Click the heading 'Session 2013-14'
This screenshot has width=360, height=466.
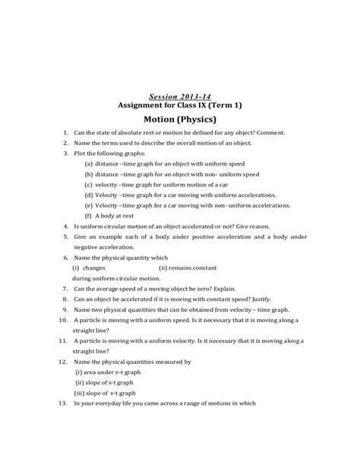click(179, 97)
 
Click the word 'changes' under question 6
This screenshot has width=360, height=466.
click(94, 268)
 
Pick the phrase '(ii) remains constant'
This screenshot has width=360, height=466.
click(188, 268)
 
